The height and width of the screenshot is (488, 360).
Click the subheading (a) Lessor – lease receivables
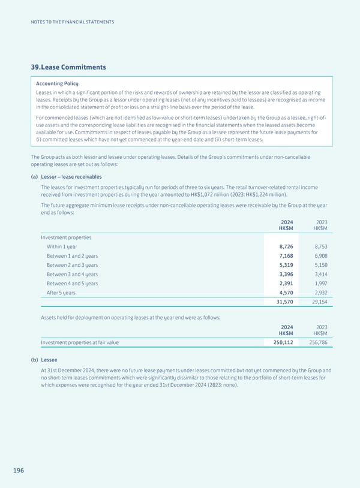click(x=66, y=177)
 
